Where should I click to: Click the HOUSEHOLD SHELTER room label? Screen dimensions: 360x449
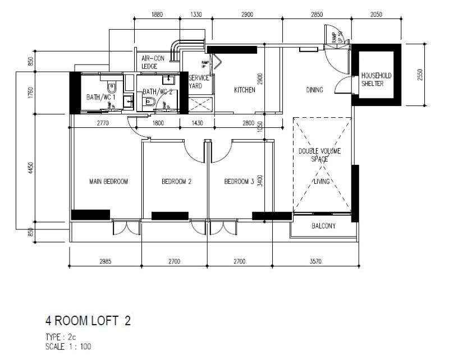(x=376, y=79)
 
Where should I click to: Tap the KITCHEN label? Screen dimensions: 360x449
(x=245, y=90)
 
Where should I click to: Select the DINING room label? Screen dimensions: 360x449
(x=314, y=90)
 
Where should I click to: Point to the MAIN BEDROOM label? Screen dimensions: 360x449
(x=109, y=182)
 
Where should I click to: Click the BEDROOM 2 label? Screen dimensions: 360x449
(x=177, y=182)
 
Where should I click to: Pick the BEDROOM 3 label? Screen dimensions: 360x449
(x=239, y=182)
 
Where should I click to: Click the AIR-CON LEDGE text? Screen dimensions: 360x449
(x=152, y=62)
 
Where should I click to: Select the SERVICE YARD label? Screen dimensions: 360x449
(x=199, y=82)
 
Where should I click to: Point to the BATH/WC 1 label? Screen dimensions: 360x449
(x=100, y=97)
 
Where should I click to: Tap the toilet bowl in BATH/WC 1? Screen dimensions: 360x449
(x=112, y=88)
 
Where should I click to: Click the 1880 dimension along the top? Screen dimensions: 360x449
(x=157, y=15)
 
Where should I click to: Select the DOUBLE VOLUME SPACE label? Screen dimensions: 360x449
(x=319, y=155)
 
